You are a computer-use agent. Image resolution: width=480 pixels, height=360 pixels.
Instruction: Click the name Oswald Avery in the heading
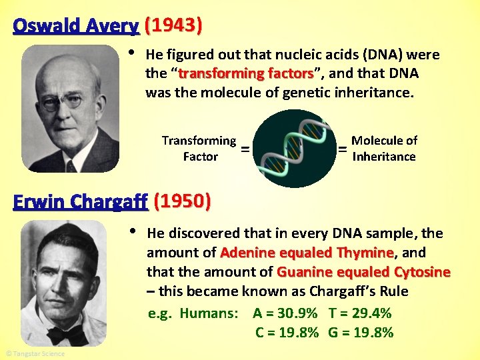(75, 26)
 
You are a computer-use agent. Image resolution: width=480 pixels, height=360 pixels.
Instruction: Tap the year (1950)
(182, 201)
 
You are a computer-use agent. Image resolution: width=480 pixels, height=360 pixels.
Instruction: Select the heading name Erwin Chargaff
(81, 201)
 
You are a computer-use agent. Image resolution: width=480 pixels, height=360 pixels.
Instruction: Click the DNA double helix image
(296, 149)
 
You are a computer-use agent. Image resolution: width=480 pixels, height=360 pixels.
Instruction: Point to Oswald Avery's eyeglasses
(63, 102)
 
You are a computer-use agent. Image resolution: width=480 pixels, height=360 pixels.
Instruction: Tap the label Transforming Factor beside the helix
(199, 149)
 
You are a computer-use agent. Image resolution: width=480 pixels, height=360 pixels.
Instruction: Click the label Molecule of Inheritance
(384, 149)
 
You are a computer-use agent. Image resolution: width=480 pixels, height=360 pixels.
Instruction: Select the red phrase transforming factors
(245, 73)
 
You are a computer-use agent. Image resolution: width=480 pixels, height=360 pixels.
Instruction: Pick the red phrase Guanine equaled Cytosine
(363, 272)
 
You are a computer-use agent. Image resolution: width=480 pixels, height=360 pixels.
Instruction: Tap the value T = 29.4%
(360, 313)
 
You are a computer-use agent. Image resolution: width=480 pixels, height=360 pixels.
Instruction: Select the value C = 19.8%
(287, 333)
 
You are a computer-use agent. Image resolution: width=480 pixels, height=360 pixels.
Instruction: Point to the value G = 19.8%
(361, 333)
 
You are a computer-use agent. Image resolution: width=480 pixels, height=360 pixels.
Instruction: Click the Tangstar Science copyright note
(35, 353)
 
